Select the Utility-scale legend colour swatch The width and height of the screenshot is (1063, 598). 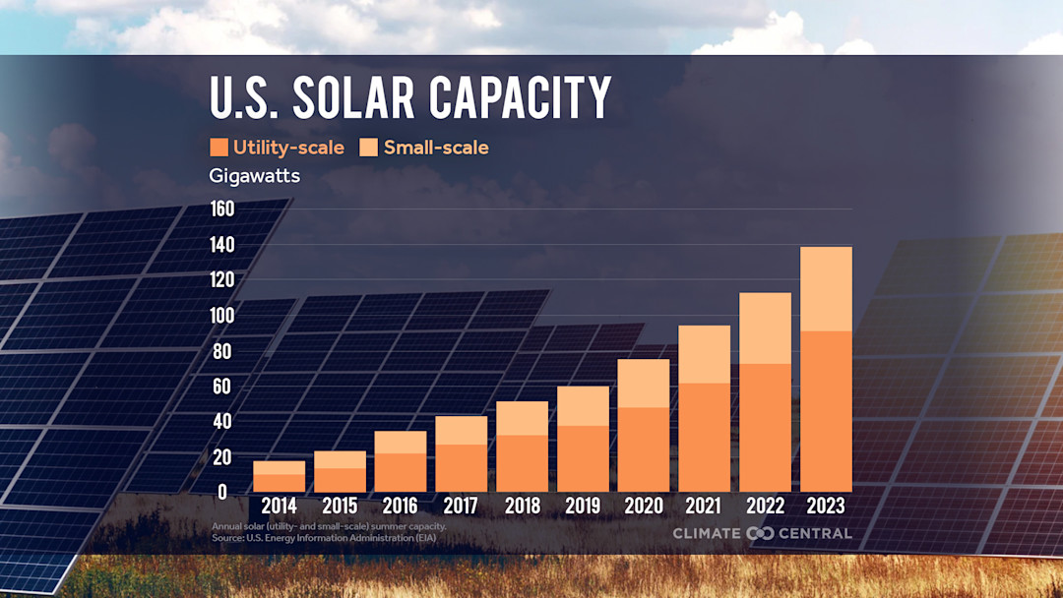click(219, 148)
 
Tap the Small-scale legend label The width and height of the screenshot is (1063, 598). click(436, 148)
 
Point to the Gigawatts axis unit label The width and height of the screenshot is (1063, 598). click(255, 176)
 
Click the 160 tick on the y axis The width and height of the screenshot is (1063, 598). click(221, 209)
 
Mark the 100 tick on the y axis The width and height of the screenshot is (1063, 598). click(221, 316)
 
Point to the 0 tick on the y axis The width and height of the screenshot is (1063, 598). click(221, 492)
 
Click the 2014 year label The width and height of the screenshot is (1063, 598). click(280, 507)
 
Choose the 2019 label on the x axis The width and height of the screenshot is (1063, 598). click(583, 507)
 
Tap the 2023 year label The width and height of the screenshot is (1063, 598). click(826, 507)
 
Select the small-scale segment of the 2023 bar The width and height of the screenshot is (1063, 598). click(826, 288)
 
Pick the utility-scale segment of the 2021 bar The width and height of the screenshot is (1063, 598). click(705, 438)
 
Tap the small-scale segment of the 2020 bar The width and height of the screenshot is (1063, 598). click(644, 383)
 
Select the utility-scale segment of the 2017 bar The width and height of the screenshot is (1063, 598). click(462, 468)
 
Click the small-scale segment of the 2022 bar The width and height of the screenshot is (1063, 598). click(765, 328)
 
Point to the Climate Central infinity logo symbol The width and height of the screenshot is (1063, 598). click(761, 533)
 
